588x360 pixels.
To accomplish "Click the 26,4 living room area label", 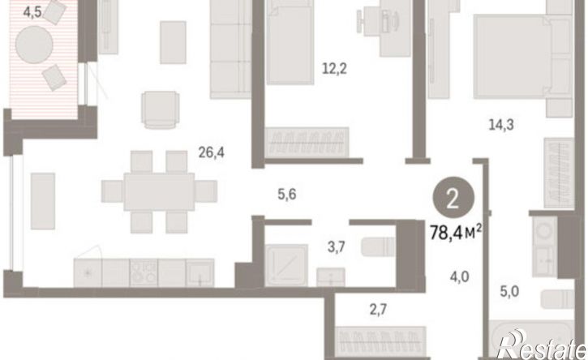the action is [x=211, y=152].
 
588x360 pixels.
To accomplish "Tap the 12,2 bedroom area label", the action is [x=334, y=69].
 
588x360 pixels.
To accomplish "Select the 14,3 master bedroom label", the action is [x=501, y=124].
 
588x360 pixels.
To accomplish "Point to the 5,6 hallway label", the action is [x=287, y=195].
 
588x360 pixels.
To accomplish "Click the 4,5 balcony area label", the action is [x=32, y=12].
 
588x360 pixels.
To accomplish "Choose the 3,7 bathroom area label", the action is [x=336, y=247].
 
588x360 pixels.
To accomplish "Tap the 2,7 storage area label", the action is [x=378, y=310].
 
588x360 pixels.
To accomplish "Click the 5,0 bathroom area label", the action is [x=509, y=291].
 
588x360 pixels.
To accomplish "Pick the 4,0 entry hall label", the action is [x=459, y=276].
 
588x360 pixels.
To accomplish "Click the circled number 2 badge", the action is [x=453, y=198].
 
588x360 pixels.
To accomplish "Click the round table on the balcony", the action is [x=34, y=45].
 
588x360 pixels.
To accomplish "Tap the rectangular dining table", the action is [x=160, y=191].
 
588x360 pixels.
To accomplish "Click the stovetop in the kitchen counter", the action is [x=144, y=273].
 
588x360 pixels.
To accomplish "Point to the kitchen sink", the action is [x=200, y=273].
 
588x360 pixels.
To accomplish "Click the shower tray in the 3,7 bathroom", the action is [x=286, y=265].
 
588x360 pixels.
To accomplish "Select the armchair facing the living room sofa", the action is [x=160, y=110].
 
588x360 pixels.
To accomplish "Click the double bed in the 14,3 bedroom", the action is [x=523, y=56].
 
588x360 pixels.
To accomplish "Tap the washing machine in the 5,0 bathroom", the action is [x=545, y=231].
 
